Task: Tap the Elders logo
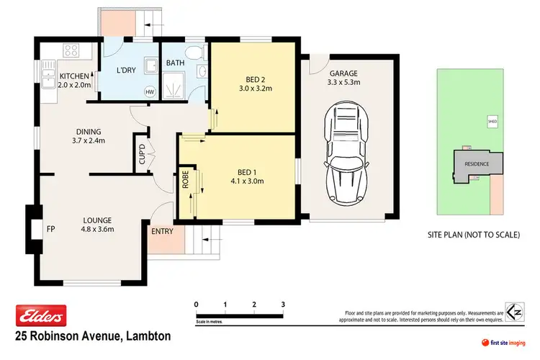[41, 314]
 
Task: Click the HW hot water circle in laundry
[150, 91]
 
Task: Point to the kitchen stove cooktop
[72, 50]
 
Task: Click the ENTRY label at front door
[161, 231]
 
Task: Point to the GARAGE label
[343, 73]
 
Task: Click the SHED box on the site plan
[492, 122]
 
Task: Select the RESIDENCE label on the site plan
[476, 163]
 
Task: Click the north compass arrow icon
[513, 314]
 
